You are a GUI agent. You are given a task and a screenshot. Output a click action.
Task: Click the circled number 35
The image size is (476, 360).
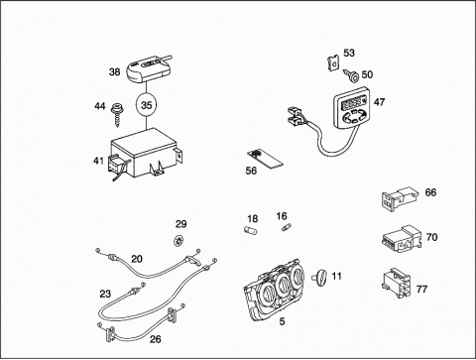[146, 105]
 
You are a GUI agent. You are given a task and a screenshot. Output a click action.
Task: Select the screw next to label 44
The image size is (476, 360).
[116, 115]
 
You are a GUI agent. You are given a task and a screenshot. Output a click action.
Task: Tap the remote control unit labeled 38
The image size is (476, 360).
[148, 68]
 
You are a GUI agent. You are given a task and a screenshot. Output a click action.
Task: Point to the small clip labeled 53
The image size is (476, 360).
[334, 62]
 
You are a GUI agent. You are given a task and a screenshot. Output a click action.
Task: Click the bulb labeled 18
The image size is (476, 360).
[252, 229]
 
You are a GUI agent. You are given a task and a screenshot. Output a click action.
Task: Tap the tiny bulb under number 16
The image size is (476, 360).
[287, 227]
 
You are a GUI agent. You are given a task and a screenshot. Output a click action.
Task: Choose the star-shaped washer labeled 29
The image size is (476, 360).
[178, 240]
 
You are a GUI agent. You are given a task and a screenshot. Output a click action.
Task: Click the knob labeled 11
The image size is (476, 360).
[320, 277]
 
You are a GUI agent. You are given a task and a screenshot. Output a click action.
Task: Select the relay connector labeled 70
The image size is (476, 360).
[402, 237]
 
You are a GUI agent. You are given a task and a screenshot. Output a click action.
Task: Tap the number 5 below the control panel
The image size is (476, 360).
[282, 321]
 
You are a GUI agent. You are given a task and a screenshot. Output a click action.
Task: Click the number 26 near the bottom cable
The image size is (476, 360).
[156, 339]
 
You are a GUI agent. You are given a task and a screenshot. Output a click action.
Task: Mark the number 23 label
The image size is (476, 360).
[105, 294]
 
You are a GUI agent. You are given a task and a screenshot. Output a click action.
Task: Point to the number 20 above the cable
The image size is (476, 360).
[137, 259]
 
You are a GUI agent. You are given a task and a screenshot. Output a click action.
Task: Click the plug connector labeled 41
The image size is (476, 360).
[116, 166]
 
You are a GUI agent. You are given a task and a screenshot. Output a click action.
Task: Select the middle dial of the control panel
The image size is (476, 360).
[283, 285]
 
